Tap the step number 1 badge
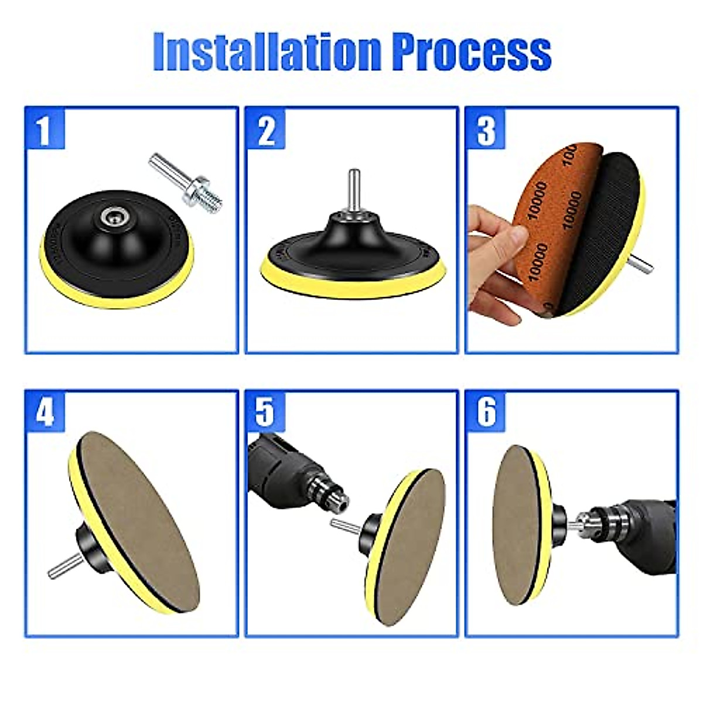[x=44, y=130]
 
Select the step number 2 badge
[x=265, y=130]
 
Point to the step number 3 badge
[x=486, y=130]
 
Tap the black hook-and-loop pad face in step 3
[x=615, y=223]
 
